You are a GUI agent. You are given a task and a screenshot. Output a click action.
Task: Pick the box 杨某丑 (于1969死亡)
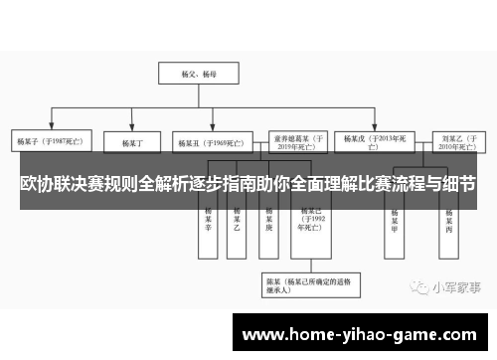tap(207, 141)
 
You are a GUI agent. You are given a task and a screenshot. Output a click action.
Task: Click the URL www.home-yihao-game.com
tap(363, 335)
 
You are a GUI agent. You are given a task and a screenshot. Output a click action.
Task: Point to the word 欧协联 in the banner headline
tap(45, 186)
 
